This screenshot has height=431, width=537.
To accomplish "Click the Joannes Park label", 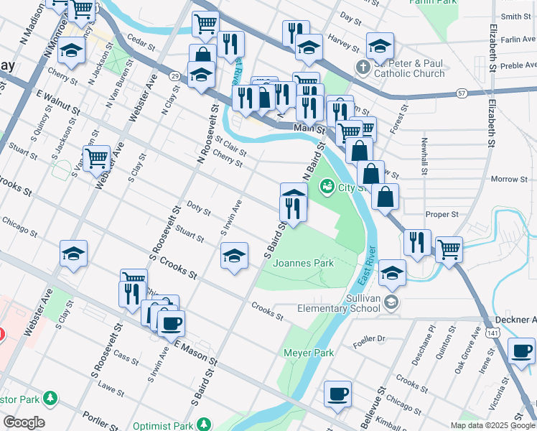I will coord(304,263).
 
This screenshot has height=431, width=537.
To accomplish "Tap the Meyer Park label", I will coord(309,353).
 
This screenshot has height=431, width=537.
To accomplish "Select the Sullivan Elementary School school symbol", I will coord(391,301).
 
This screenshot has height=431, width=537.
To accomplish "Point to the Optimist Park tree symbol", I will coord(204,425).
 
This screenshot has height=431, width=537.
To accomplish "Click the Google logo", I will coord(23,422).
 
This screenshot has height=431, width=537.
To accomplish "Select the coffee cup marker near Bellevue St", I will coord(337,394).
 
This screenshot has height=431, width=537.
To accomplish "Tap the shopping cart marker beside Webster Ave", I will coord(96,157).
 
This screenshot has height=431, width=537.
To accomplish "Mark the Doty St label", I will coord(198,209).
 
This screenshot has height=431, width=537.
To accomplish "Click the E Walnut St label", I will coord(56,103).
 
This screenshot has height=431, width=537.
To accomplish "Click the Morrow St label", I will coord(509,179).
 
